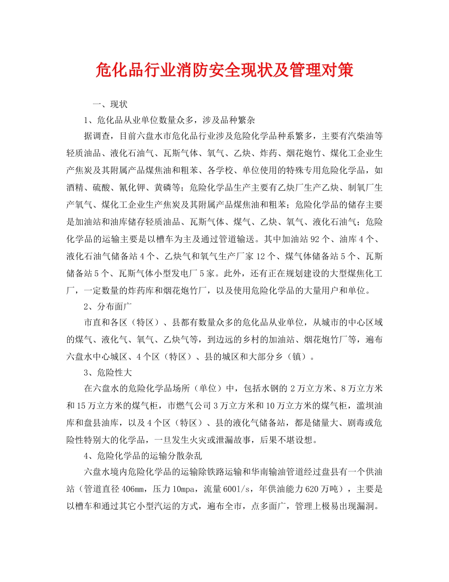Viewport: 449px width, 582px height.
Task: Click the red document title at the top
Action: (224, 71)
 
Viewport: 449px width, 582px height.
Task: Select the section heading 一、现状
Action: (110, 104)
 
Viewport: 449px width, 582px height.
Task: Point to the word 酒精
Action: (75, 188)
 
